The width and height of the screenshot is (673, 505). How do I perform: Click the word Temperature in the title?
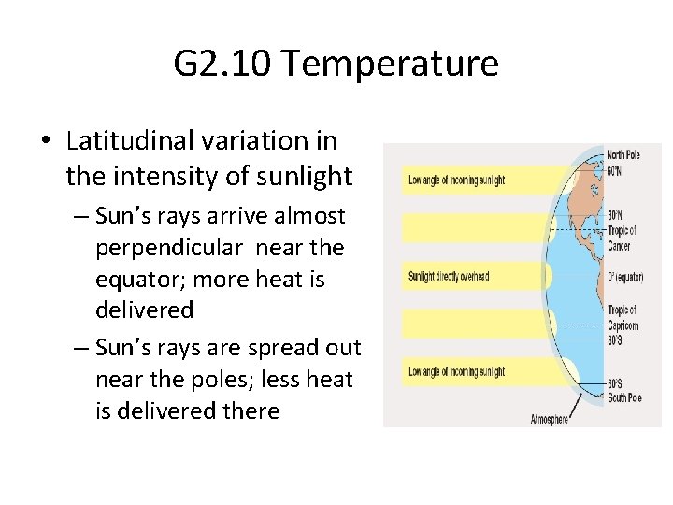coord(389,65)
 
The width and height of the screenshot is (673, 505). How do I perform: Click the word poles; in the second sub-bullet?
coord(211,379)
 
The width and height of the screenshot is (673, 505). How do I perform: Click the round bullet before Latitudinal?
coord(46,142)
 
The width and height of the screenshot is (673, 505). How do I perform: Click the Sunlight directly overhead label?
coord(449,276)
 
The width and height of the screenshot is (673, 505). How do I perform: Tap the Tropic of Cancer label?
coord(622,238)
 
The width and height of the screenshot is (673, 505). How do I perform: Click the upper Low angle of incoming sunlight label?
coord(457,180)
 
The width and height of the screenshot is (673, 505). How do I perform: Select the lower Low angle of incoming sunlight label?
coord(457,371)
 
